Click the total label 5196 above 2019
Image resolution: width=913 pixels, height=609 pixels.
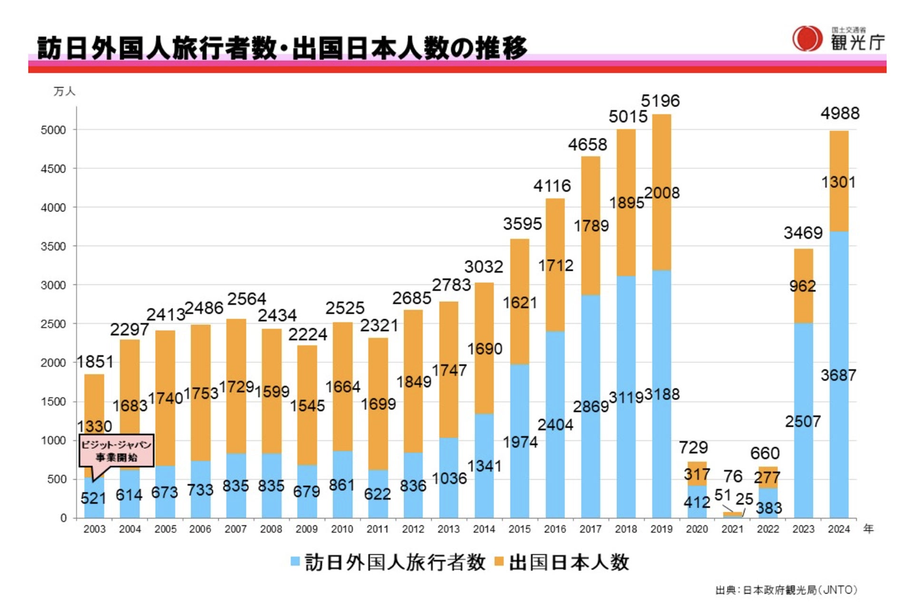pyautogui.click(x=660, y=101)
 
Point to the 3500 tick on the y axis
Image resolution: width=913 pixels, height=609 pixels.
pyautogui.click(x=53, y=246)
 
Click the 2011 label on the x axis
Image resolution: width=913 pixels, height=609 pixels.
pyautogui.click(x=378, y=529)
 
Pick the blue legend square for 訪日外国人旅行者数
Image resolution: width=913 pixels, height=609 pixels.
pyautogui.click(x=295, y=562)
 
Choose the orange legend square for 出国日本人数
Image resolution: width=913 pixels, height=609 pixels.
pyautogui.click(x=499, y=562)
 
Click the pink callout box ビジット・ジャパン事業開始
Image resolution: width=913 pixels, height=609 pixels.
pyautogui.click(x=116, y=451)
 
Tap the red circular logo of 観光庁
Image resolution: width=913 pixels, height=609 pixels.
pyautogui.click(x=807, y=39)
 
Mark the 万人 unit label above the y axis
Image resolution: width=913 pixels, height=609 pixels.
pyautogui.click(x=64, y=91)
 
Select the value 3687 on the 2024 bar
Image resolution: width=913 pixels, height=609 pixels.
pyautogui.click(x=838, y=375)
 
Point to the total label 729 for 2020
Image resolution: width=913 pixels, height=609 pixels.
pyautogui.click(x=693, y=448)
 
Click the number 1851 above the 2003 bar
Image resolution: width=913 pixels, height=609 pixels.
pyautogui.click(x=95, y=362)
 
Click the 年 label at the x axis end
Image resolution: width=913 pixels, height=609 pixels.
pyautogui.click(x=868, y=529)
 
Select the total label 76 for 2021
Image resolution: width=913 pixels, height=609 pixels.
pyautogui.click(x=733, y=476)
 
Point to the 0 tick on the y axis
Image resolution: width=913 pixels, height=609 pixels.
pyautogui.click(x=63, y=518)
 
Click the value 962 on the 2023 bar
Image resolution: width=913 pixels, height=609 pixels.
pyautogui.click(x=803, y=286)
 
